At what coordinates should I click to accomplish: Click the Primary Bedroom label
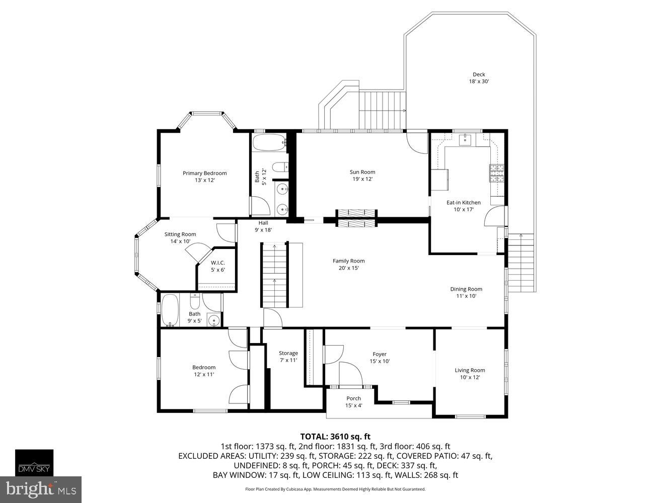(204, 177)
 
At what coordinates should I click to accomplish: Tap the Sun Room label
(362, 176)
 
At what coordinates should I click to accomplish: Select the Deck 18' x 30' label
(479, 77)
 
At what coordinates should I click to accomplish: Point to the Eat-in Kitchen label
(464, 206)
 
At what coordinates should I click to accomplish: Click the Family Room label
(348, 264)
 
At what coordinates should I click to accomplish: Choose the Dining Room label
(466, 292)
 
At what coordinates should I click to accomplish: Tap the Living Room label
(470, 374)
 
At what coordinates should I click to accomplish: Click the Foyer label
(380, 358)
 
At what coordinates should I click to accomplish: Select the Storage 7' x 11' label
(288, 356)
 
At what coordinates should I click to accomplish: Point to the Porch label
(353, 401)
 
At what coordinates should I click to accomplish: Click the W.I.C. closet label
(217, 266)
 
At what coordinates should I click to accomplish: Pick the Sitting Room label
(180, 237)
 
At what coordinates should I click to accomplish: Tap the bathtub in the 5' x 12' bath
(268, 143)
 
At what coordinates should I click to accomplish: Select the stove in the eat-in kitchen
(497, 173)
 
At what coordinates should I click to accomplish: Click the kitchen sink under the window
(466, 139)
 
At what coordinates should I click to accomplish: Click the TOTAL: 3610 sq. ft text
(335, 437)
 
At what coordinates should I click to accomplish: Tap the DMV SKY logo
(34, 462)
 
